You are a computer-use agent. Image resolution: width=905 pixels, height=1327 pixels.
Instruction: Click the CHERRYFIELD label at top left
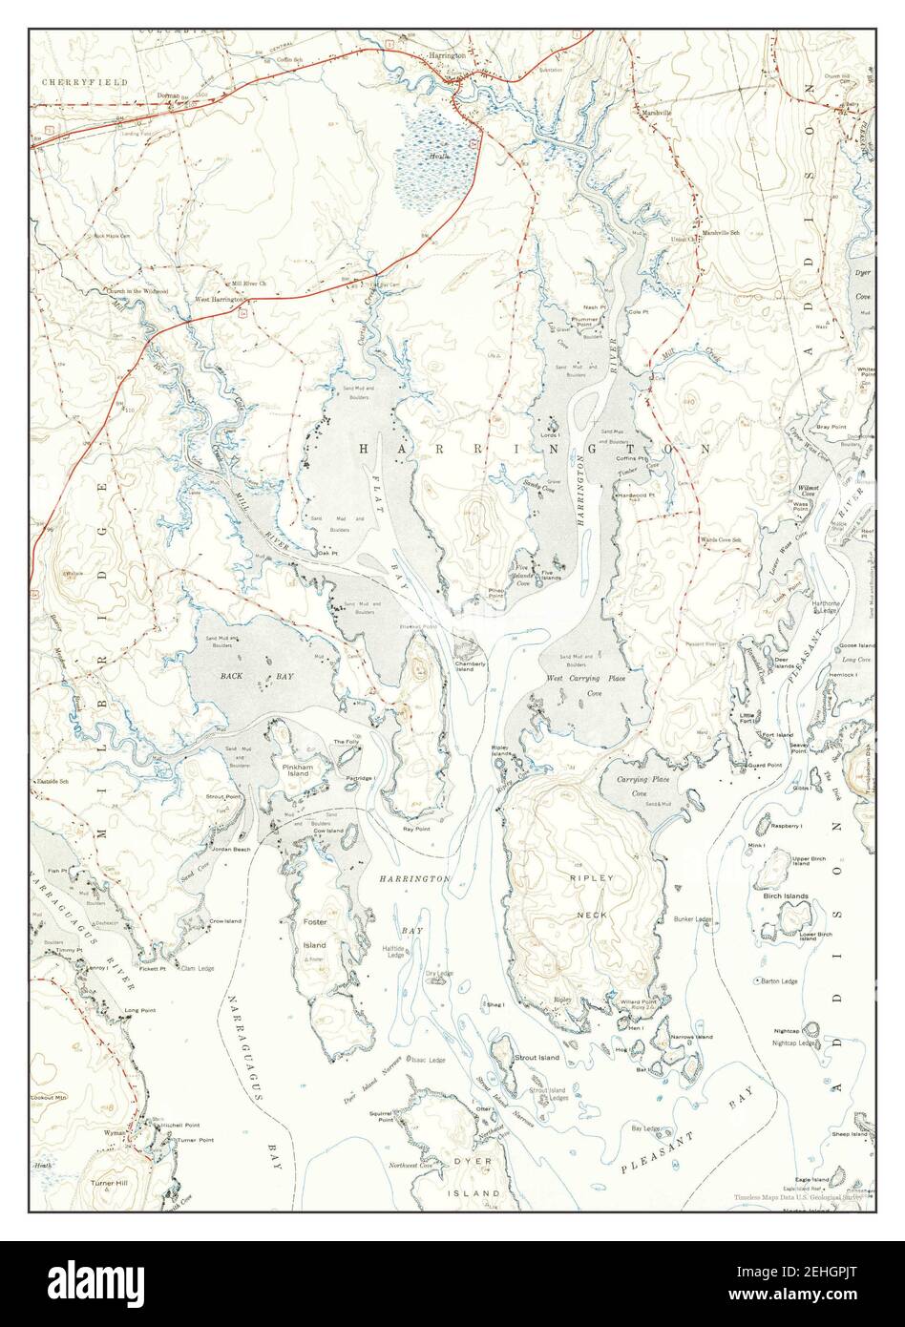pyautogui.click(x=72, y=83)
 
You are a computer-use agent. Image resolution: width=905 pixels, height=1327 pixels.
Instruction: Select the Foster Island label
pyautogui.click(x=315, y=934)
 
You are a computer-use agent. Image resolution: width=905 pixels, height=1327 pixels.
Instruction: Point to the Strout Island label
pyautogui.click(x=537, y=1058)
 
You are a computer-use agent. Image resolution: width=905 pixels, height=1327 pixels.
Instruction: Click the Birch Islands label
pyautogui.click(x=785, y=896)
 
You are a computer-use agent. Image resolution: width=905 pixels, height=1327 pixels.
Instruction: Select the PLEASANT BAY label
pyautogui.click(x=685, y=1132)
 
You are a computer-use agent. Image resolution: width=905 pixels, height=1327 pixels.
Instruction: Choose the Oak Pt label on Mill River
pyautogui.click(x=328, y=552)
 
